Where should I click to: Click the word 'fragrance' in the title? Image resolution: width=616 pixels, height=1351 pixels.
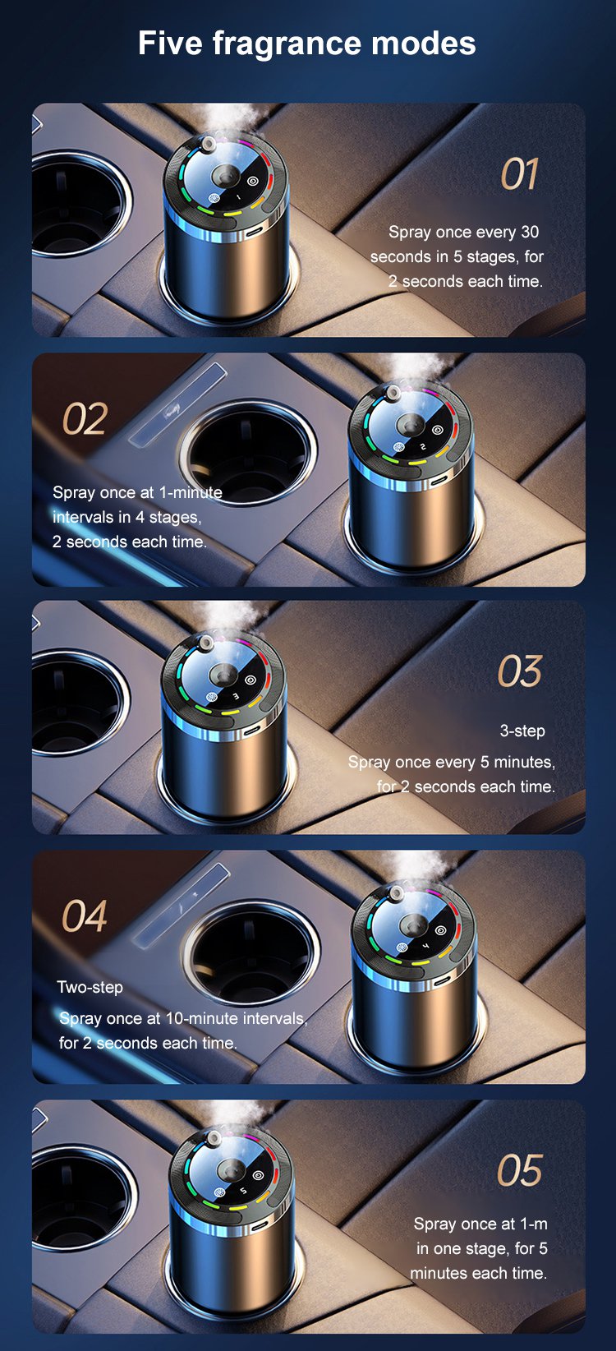pyautogui.click(x=287, y=44)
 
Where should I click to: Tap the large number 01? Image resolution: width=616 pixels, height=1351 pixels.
pyautogui.click(x=519, y=174)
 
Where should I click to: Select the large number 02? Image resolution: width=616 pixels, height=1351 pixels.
pyautogui.click(x=85, y=418)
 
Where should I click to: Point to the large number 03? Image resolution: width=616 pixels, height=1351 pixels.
pyautogui.click(x=520, y=671)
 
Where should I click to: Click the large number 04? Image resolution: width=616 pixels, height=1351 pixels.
pyautogui.click(x=85, y=915)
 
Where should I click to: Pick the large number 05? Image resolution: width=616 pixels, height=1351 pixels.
pyautogui.click(x=520, y=1171)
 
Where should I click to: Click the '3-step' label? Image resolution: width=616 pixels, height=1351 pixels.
pyautogui.click(x=522, y=731)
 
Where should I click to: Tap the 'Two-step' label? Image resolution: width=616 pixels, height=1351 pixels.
pyautogui.click(x=90, y=987)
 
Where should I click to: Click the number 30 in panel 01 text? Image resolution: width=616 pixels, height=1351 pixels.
pyautogui.click(x=530, y=232)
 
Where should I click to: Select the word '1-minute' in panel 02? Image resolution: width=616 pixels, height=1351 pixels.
pyautogui.click(x=191, y=492)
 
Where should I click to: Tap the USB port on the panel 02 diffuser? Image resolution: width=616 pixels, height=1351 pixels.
pyautogui.click(x=439, y=479)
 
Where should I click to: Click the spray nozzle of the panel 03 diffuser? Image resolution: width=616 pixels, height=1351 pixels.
pyautogui.click(x=207, y=642)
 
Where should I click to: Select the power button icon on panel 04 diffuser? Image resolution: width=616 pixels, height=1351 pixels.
pyautogui.click(x=440, y=929)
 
